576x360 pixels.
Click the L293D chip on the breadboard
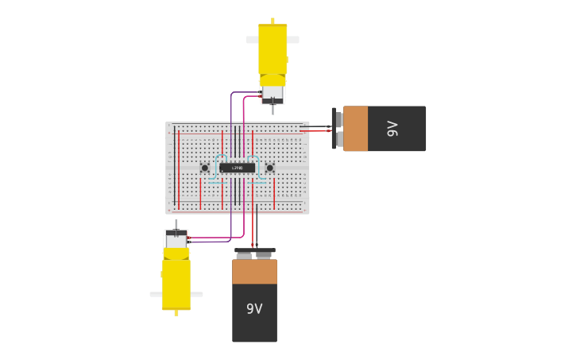point(237,168)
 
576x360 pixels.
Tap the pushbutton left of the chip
point(205,168)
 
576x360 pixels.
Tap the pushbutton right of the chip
point(269,168)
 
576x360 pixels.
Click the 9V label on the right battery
point(392,129)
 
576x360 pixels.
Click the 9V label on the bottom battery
point(254,309)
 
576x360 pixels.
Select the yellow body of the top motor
point(273,52)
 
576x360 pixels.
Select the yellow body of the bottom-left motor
point(176,282)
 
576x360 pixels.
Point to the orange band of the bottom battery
point(254,272)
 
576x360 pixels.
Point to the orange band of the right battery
point(356,129)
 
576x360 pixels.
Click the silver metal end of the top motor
point(273,94)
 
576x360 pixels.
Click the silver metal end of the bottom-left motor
point(176,238)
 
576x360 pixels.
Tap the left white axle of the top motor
point(252,39)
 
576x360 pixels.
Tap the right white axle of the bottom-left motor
point(196,294)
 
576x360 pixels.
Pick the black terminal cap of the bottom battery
point(254,251)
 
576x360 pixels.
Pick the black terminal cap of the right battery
point(334,129)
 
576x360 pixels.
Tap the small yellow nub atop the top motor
point(273,20)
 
